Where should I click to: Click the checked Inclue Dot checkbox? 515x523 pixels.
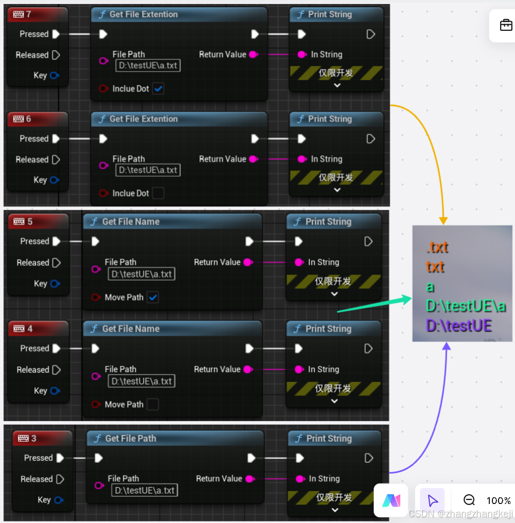[159, 88]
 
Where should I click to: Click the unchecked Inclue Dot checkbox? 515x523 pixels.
[158, 193]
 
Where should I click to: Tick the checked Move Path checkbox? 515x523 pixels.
[153, 297]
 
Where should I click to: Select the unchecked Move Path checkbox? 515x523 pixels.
[153, 404]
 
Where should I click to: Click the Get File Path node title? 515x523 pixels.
[130, 438]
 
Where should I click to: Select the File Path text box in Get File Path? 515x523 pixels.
[144, 490]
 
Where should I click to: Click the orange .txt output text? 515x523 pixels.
[437, 247]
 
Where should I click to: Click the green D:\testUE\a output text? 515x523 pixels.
[466, 306]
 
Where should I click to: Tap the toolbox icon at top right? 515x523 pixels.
[506, 25]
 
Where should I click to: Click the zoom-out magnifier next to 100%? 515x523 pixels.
[469, 500]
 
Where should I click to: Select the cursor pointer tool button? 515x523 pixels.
[432, 500]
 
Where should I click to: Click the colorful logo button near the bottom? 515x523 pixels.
[391, 500]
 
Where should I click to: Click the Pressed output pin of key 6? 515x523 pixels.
[56, 139]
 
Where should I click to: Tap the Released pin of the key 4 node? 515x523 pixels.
[56, 370]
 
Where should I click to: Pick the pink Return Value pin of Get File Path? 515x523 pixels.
[250, 479]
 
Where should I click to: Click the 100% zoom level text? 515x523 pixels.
[498, 500]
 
